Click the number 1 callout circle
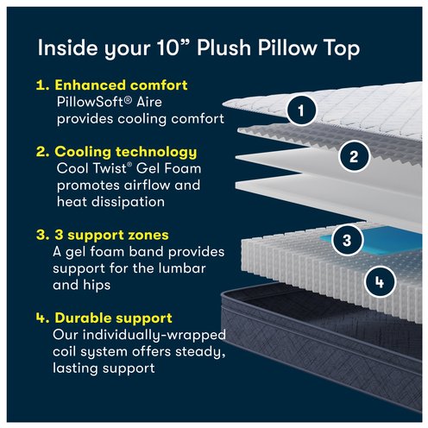pos(301,110)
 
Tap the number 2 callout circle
pos(354,157)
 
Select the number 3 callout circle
pos(347,240)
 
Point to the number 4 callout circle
pos(380,282)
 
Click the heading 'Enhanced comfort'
pos(121,85)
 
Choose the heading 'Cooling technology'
pos(126,152)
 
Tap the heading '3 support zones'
pos(111,235)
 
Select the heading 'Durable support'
pos(113,318)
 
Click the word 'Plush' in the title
pos(224,47)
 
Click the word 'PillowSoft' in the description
pos(94,102)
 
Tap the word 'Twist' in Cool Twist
pos(113,168)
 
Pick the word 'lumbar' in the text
pos(182,268)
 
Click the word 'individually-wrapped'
pos(154,336)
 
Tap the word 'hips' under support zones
pos(97,286)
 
